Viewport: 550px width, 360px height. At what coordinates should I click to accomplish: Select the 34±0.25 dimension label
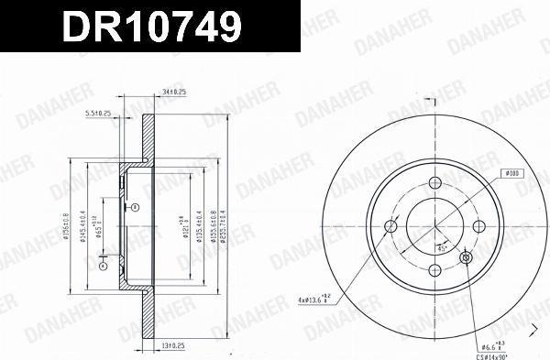(x=173, y=92)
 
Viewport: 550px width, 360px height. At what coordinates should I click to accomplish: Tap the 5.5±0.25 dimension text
(x=98, y=113)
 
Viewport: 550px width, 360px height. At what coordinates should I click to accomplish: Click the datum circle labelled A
(x=135, y=208)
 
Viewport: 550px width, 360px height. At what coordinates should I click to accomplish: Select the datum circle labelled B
(x=103, y=267)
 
